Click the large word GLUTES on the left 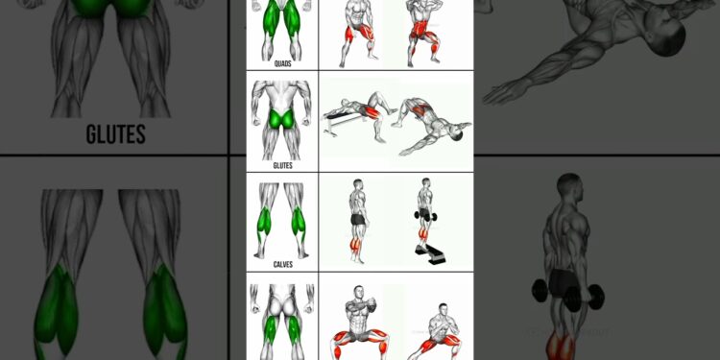point(115,134)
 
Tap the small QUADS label point(282,64)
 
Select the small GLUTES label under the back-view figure point(282,165)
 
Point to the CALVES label point(282,264)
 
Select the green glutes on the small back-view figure point(282,120)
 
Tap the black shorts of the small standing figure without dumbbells point(357,220)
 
